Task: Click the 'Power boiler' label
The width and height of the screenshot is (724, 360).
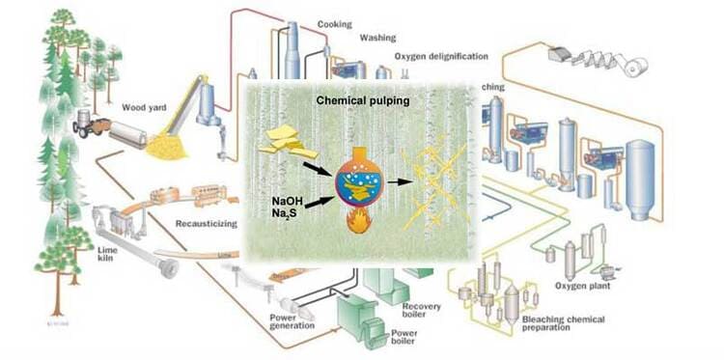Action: (x=409, y=338)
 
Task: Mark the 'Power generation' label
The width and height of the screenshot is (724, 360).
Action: (x=292, y=319)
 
